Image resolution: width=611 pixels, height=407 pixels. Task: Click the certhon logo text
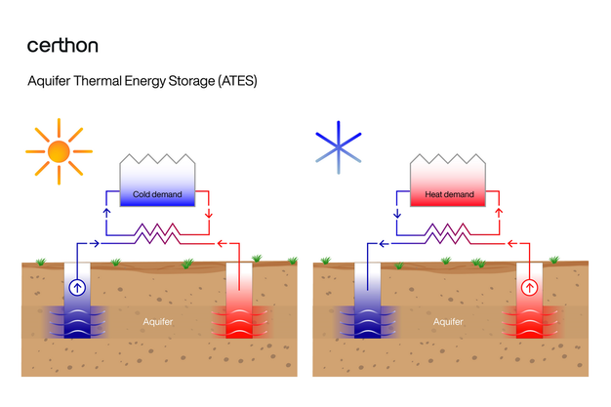coord(62,46)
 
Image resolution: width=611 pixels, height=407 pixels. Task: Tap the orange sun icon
coord(58,151)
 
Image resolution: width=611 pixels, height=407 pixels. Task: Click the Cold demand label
coord(158,195)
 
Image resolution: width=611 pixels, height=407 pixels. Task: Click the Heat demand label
coord(450,195)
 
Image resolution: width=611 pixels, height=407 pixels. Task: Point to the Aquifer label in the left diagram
coord(156,320)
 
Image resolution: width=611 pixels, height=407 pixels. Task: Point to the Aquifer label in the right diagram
coord(447,320)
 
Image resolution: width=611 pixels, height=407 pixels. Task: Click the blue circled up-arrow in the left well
coord(77,288)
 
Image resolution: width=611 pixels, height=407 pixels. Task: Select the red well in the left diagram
coord(239,303)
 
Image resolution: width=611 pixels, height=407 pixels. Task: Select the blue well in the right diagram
coord(369,303)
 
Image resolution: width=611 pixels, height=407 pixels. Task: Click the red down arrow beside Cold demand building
coord(208,213)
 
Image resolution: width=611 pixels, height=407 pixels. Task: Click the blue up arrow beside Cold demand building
coord(107,213)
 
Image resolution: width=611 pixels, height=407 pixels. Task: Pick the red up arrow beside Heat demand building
coord(500,213)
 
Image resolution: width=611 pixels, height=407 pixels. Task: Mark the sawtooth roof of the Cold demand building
coord(158,158)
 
